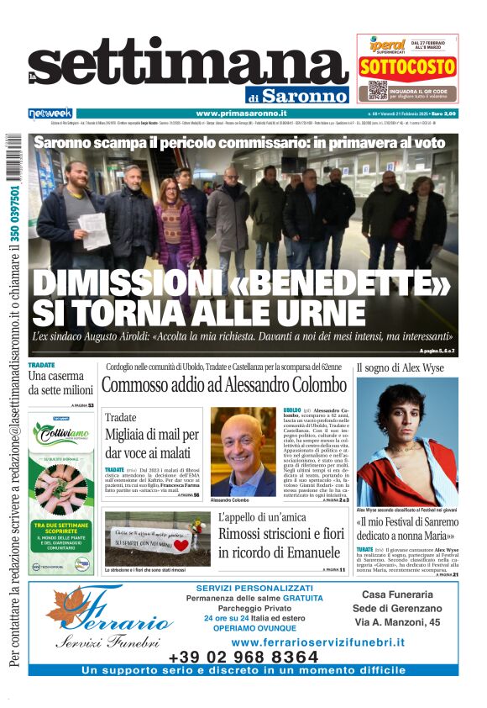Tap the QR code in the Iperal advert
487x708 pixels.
377,90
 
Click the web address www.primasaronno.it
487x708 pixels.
241,114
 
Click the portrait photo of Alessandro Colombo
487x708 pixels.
242,452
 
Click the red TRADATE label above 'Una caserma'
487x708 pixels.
41,366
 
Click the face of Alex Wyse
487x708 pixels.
402,418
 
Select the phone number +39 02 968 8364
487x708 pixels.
243,657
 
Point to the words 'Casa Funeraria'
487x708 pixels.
397,594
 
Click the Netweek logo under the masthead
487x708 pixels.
50,114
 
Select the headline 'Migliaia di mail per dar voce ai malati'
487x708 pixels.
151,443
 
